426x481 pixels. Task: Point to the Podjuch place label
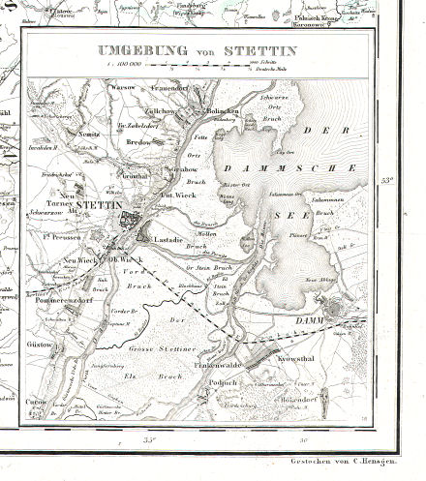point(222,383)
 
